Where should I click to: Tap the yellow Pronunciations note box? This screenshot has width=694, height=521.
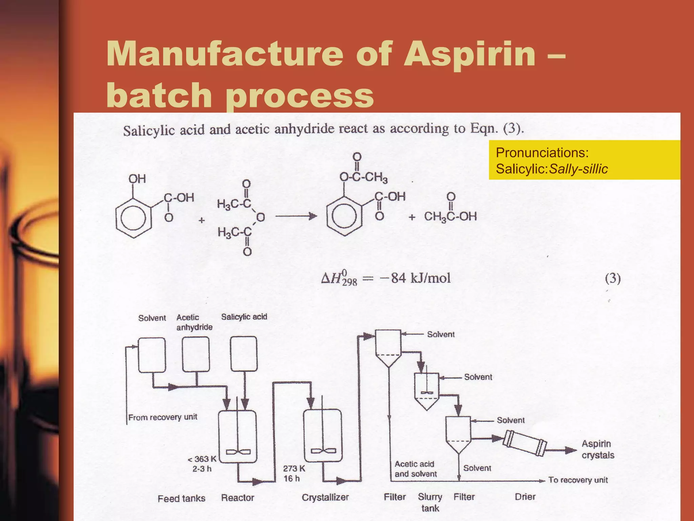click(x=584, y=160)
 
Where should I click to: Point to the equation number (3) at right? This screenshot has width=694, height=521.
click(x=613, y=279)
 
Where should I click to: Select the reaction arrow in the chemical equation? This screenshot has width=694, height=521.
click(x=296, y=216)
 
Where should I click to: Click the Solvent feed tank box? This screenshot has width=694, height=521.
click(x=152, y=355)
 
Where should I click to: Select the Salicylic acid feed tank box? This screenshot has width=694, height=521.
click(x=244, y=354)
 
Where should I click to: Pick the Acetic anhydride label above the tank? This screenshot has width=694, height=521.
click(x=194, y=322)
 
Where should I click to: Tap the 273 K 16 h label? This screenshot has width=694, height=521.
click(x=293, y=474)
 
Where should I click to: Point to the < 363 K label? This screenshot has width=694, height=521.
click(x=202, y=459)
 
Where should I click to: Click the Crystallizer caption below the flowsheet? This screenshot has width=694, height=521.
click(x=325, y=497)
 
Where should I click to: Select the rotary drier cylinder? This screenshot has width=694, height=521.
click(x=525, y=443)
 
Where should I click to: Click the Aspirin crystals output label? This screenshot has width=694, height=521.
click(x=598, y=449)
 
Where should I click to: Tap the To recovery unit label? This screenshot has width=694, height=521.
click(x=578, y=480)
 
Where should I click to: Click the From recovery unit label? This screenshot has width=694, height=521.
click(x=163, y=417)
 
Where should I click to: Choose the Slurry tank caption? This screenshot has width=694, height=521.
click(x=430, y=502)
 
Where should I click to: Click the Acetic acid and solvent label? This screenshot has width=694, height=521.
click(x=415, y=469)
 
